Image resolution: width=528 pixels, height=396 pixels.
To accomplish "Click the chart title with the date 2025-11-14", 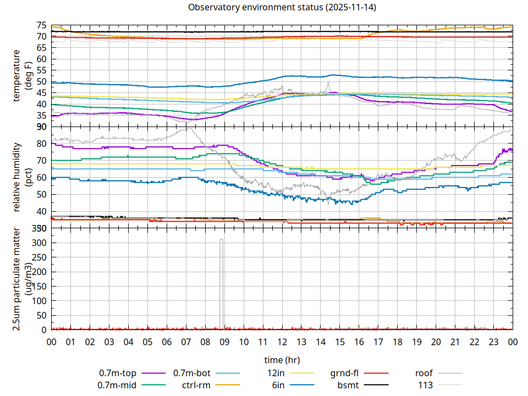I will click(282, 8).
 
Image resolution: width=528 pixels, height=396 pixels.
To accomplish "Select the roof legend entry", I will click(424, 373).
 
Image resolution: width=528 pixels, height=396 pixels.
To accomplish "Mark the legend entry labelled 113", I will click(425, 385).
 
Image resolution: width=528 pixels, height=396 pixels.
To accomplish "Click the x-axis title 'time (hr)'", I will click(282, 360).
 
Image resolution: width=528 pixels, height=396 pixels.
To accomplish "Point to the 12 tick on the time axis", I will click(282, 342).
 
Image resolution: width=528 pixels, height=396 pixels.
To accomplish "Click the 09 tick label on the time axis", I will click(224, 342).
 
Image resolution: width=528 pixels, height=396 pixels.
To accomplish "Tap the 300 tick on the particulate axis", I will click(40, 243).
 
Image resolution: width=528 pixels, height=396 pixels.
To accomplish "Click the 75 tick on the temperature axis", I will click(42, 25).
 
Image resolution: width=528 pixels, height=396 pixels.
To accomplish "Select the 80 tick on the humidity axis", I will click(42, 144).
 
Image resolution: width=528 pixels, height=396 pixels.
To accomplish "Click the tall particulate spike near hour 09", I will click(221, 275).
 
